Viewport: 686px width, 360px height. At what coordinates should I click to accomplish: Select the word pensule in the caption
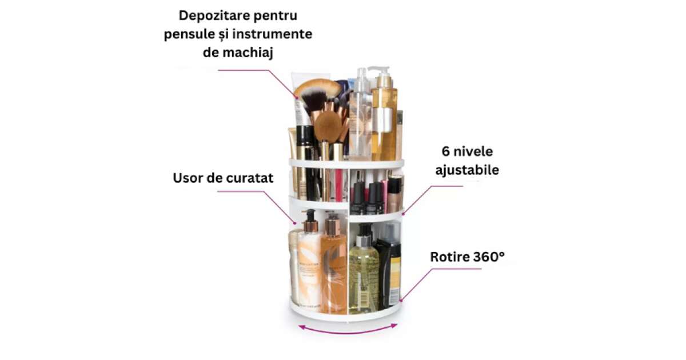pyautogui.click(x=189, y=34)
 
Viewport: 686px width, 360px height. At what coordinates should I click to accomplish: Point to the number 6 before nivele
pyautogui.click(x=445, y=151)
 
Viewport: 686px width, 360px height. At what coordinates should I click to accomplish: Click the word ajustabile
pyautogui.click(x=467, y=170)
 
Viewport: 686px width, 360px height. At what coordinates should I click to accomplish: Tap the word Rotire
pyautogui.click(x=449, y=257)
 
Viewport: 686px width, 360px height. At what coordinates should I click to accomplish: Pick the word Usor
pyautogui.click(x=188, y=178)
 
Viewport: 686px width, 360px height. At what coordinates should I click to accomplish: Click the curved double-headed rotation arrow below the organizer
pyautogui.click(x=348, y=331)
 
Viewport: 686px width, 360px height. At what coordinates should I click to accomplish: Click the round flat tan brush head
pyautogui.click(x=328, y=126)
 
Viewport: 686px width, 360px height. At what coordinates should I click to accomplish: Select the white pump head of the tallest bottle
pyautogui.click(x=380, y=71)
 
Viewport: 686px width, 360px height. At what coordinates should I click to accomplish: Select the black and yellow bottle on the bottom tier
pyautogui.click(x=389, y=269)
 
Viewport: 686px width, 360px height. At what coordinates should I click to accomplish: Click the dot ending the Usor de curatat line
pyautogui.click(x=295, y=223)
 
